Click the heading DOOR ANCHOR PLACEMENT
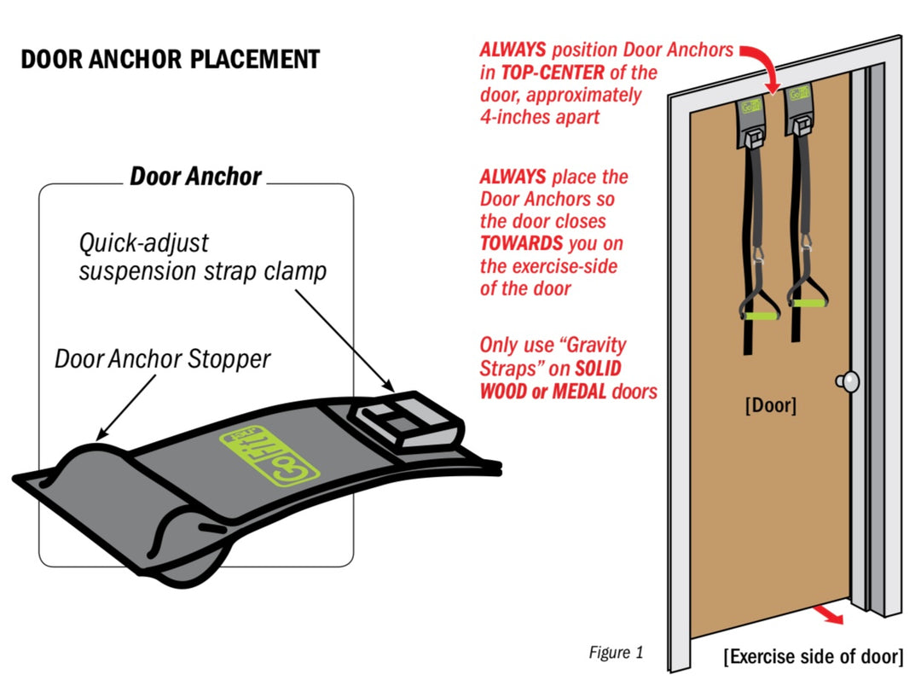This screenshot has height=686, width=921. point(170,60)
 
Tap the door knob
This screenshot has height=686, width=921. point(849,381)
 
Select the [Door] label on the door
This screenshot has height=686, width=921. point(770,405)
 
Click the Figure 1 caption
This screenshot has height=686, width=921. point(616,654)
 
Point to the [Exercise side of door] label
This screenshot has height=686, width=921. point(813,657)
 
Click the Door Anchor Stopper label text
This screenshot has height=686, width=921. point(162,359)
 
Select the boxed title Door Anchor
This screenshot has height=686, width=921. point(195,177)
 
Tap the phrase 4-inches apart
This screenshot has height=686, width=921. point(539,117)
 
